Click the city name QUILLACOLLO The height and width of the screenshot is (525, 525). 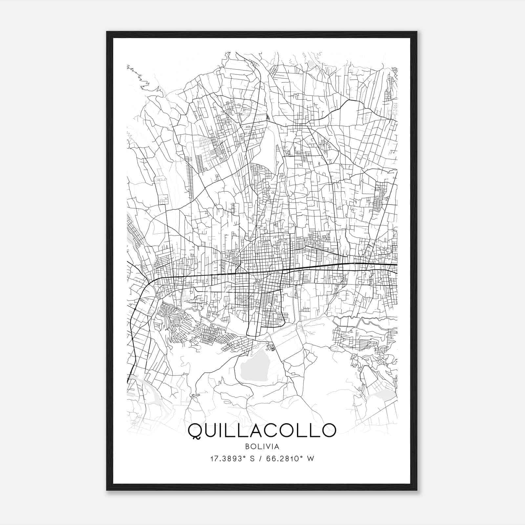262,430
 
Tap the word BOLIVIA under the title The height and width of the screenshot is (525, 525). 262,446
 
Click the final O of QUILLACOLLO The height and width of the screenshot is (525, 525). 328,430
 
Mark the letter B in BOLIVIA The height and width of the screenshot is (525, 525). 247,446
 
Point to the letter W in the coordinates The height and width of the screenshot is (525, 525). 310,459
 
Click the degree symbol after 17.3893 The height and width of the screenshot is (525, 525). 245,457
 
